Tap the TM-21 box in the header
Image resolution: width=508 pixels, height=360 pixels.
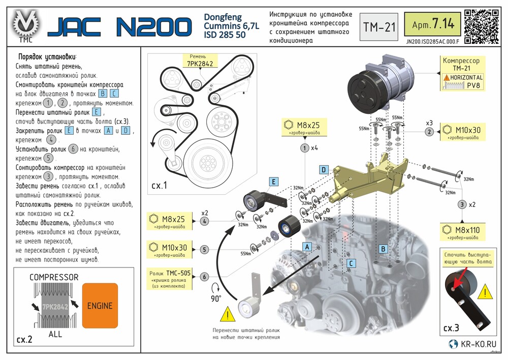click(x=379, y=26)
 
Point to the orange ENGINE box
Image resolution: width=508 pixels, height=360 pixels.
click(x=100, y=305)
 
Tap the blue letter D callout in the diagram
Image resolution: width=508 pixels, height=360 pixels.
click(x=323, y=169)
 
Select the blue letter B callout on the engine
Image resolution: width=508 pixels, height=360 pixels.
click(x=384, y=249)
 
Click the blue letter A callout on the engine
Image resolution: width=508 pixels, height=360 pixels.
click(x=306, y=246)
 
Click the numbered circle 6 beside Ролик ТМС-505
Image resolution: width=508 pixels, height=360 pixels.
click(x=204, y=277)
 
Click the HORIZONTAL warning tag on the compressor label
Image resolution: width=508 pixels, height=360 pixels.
click(x=462, y=77)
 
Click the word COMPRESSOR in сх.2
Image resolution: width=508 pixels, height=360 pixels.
click(x=54, y=277)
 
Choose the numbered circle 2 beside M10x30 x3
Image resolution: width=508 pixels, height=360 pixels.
click(x=429, y=132)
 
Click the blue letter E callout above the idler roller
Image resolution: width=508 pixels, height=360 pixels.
click(x=273, y=182)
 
